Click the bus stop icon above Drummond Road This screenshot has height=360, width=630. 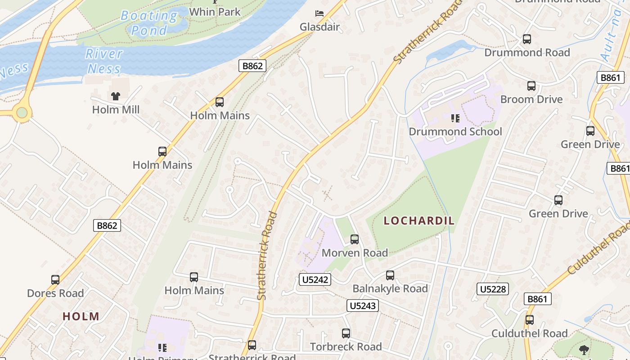527,39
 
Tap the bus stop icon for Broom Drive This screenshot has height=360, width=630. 531,86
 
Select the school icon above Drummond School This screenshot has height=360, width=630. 455,118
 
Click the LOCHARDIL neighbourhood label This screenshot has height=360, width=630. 419,221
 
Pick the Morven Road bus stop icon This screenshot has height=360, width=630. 355,239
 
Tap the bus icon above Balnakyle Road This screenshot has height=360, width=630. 390,275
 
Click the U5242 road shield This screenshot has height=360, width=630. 315,279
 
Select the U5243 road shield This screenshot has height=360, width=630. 363,306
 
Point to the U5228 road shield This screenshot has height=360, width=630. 493,289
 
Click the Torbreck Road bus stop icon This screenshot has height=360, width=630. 346,333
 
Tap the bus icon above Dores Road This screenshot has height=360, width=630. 55,280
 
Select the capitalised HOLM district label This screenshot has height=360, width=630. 81,316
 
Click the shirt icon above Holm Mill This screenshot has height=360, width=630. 116,96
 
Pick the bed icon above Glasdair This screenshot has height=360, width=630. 319,13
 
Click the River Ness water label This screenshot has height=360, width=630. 104,61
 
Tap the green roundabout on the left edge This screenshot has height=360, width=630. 22,113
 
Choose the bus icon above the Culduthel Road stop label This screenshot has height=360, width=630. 530,320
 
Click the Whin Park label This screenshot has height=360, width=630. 215,12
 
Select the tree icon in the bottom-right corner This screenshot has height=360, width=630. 584,350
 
